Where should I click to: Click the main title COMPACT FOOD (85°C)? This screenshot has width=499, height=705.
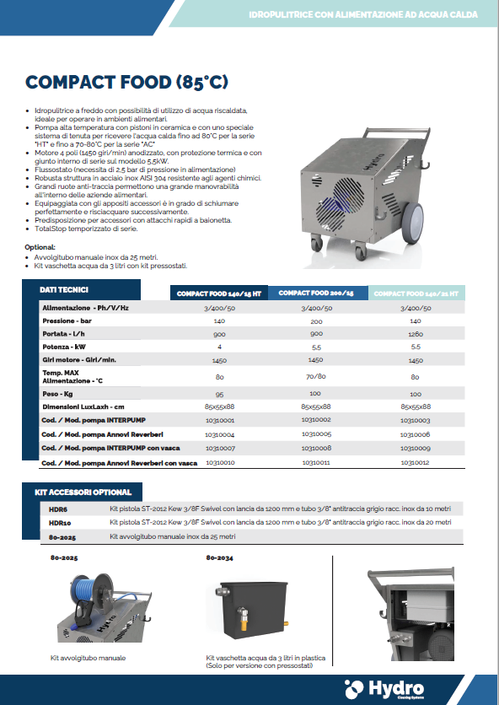tap(126, 83)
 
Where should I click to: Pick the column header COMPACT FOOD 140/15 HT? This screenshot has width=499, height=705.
tap(219, 293)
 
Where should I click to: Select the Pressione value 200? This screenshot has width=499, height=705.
tap(316, 321)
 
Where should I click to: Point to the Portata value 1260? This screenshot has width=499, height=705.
tap(415, 334)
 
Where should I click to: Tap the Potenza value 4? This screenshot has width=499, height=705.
tap(219, 347)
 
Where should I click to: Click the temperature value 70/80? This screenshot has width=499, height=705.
tap(316, 376)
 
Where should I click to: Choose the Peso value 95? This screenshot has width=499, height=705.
tap(219, 395)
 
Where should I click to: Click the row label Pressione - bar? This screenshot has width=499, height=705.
tap(67, 321)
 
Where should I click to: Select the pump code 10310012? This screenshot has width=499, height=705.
tap(415, 462)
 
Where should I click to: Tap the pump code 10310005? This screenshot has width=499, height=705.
tap(316, 433)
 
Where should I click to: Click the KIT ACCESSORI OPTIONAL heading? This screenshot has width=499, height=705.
tap(84, 492)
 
